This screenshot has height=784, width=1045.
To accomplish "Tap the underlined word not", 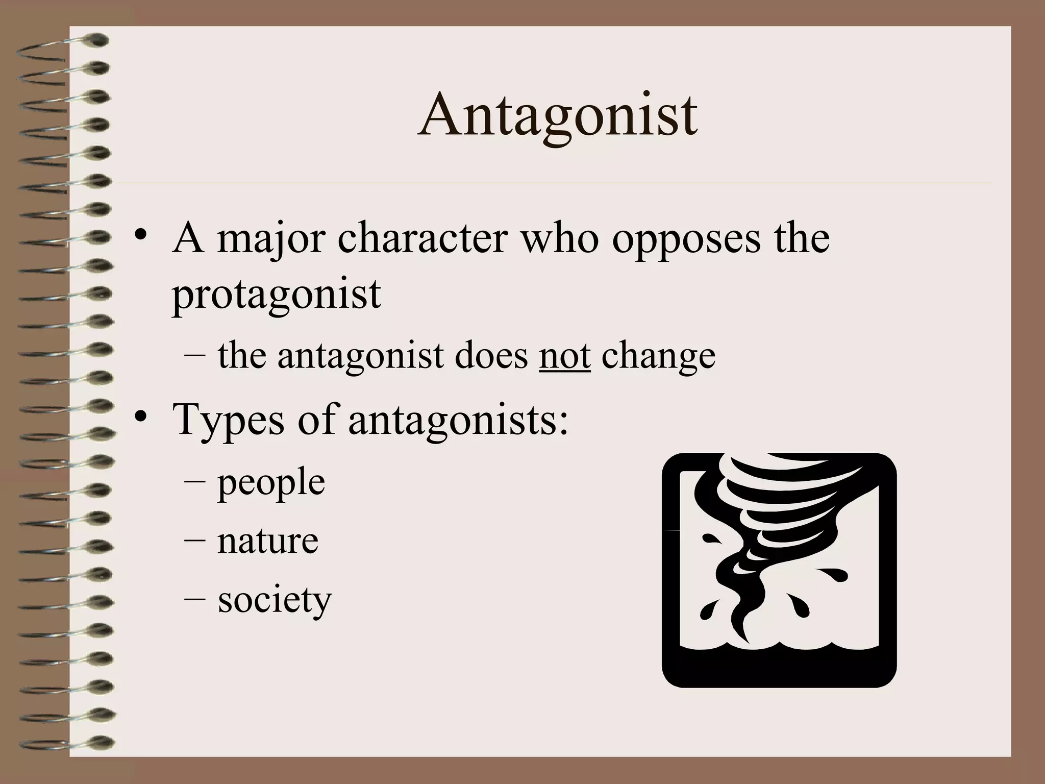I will click(x=564, y=356).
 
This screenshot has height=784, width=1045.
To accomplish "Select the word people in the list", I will click(x=271, y=482).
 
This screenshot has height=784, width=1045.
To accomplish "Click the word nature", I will click(x=268, y=541).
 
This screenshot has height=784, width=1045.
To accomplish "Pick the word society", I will click(x=275, y=600).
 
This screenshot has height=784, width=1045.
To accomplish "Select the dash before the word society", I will click(x=194, y=600).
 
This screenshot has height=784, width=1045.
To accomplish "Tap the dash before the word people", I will click(x=194, y=482).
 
